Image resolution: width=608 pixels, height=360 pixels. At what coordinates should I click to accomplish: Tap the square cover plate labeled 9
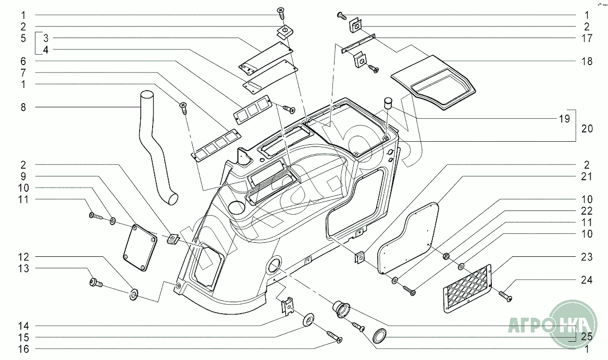pyautogui.click(x=139, y=248)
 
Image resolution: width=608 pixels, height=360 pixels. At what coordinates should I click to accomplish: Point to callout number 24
pyautogui.click(x=587, y=280)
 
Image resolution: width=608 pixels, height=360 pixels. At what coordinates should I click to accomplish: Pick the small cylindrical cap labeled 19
pyautogui.click(x=388, y=102)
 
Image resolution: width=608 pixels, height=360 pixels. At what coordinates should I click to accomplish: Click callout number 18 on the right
pyautogui.click(x=587, y=61)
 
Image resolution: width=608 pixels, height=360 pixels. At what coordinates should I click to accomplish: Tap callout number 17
pyautogui.click(x=587, y=38)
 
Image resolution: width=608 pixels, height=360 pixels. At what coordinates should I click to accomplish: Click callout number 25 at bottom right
pyautogui.click(x=587, y=337)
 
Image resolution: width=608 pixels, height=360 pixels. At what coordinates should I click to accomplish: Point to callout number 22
pyautogui.click(x=587, y=212)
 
